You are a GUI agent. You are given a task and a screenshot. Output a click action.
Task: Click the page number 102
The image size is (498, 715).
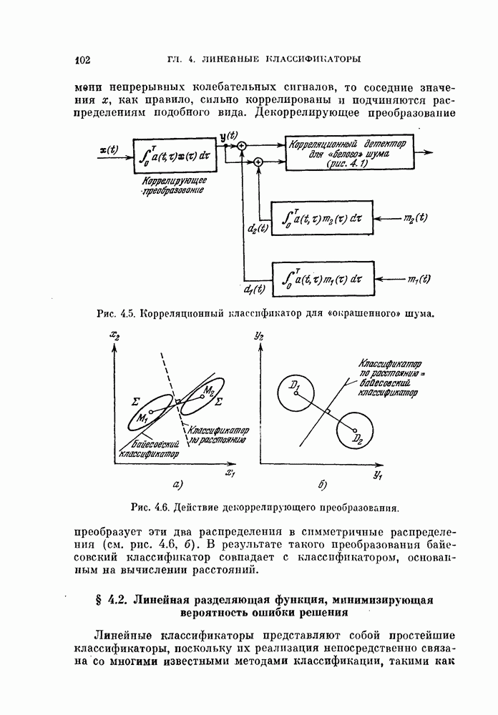[x=80, y=59]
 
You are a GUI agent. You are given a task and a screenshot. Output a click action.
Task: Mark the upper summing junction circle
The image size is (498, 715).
[x=242, y=146]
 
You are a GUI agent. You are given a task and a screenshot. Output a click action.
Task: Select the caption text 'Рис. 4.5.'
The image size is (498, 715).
[x=115, y=312]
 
